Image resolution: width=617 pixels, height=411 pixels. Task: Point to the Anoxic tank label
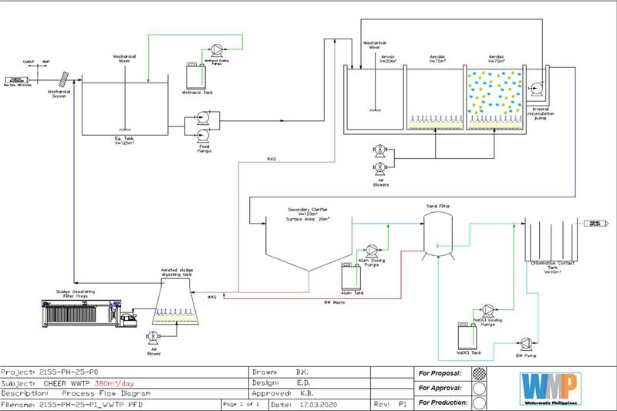coord(387,58)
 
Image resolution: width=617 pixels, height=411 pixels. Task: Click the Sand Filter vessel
coord(437,232)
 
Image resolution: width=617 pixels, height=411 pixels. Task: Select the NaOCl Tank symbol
coord(468,337)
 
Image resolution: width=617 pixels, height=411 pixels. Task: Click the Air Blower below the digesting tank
coord(153,337)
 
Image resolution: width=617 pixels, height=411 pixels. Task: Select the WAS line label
coord(212,295)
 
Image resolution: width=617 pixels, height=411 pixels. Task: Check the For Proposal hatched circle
coord(479,373)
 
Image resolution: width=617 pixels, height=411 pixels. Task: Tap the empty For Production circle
coord(479,403)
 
